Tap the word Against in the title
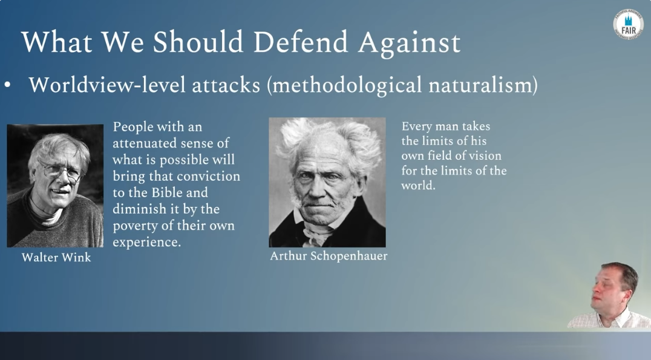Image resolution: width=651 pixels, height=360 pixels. [x=410, y=44]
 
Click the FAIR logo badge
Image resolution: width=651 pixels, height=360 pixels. [x=628, y=25]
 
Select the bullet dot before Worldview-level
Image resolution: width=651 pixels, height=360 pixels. [x=7, y=85]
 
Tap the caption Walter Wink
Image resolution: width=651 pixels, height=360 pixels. [x=56, y=257]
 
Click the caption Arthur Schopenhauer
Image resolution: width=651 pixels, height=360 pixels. [x=329, y=256]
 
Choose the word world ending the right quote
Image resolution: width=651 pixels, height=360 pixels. [x=418, y=186]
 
